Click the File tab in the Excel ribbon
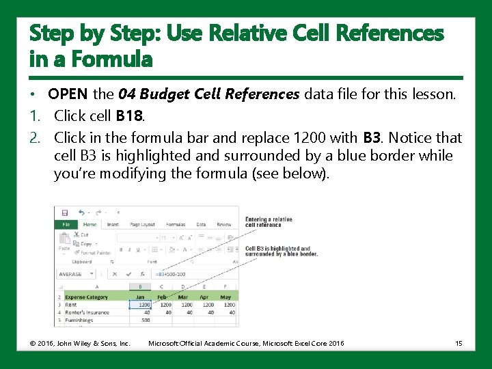tap(66, 224)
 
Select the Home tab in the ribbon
tap(90, 224)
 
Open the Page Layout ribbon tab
tap(143, 224)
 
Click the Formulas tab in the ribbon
tap(176, 224)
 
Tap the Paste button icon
tap(64, 241)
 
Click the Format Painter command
tap(95, 253)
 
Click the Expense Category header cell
tap(87, 297)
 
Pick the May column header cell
tap(226, 297)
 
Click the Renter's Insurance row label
tap(87, 312)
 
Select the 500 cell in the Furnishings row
tap(146, 320)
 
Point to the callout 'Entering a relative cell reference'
tap(269, 222)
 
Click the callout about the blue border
tap(281, 251)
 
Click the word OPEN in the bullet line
tap(68, 94)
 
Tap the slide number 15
tap(459, 343)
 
